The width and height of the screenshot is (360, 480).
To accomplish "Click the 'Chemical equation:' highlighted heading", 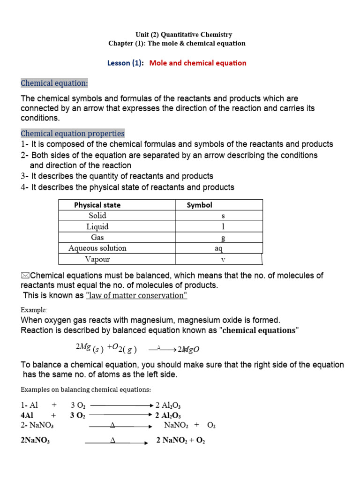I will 54,83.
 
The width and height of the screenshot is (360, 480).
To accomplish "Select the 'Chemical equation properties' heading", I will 73,134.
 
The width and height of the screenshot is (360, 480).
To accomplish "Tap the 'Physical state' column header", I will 97,205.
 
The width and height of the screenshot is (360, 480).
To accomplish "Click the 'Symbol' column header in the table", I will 199,205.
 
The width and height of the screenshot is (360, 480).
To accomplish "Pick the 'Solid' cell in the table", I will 97,216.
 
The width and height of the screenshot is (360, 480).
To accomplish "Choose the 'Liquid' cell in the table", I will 97,226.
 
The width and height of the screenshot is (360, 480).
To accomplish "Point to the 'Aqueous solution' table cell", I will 97,248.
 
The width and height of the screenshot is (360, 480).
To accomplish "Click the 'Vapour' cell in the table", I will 97,259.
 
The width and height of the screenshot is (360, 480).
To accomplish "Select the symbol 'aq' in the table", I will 218,248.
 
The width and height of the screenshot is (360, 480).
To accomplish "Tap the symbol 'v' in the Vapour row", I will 223,259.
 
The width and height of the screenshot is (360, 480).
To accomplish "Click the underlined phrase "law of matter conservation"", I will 136,295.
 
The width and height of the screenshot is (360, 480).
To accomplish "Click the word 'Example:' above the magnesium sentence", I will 34,310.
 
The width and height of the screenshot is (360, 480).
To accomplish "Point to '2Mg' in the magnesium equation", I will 82,346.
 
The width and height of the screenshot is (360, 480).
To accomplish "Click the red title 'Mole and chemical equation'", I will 197,63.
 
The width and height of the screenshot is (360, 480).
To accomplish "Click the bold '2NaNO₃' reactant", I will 36,441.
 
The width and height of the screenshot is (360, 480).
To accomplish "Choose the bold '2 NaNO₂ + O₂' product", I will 180,441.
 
